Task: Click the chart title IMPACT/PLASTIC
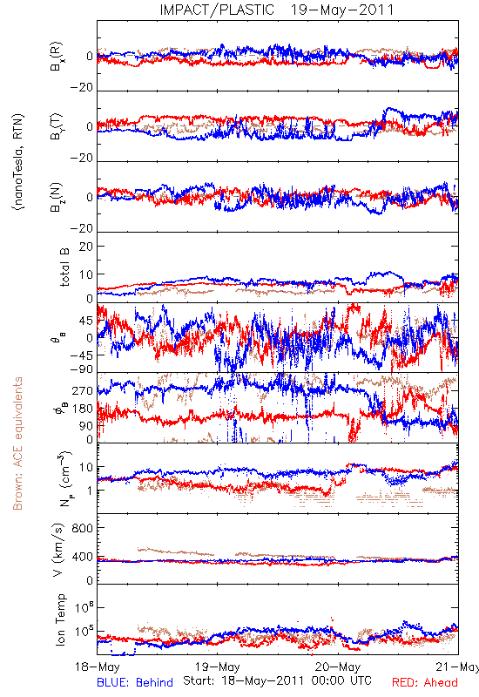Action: [x=217, y=10]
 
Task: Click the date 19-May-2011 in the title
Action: [x=342, y=10]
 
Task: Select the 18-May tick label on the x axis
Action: [x=98, y=667]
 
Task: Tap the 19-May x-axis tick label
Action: [x=217, y=667]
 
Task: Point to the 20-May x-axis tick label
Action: [x=338, y=667]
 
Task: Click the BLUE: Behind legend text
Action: [x=135, y=682]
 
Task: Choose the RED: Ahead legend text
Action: [x=425, y=682]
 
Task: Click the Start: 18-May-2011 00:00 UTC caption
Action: [x=277, y=680]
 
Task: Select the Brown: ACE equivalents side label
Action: [x=17, y=443]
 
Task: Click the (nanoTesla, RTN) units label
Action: [x=18, y=162]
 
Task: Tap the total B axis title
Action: [x=64, y=267]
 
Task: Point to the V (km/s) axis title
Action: [x=58, y=550]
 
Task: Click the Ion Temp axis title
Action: [x=60, y=619]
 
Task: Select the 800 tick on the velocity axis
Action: [x=83, y=528]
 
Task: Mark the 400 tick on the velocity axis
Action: [x=83, y=557]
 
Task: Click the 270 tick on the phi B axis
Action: [x=83, y=391]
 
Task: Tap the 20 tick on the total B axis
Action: [x=86, y=247]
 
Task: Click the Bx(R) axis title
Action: [x=57, y=56]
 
